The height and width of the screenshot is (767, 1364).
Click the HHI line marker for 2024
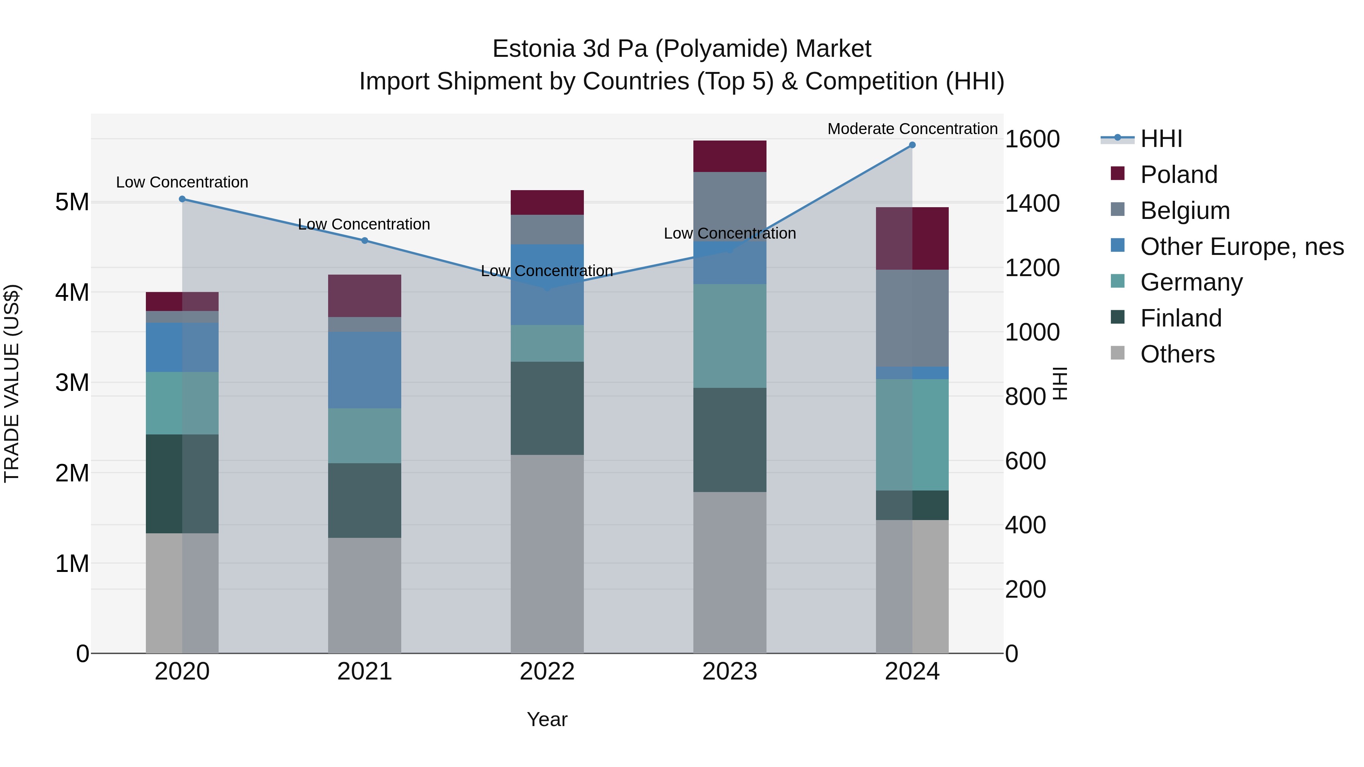point(912,145)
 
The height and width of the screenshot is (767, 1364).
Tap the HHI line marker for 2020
point(182,199)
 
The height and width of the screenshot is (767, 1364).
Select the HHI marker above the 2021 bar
point(364,241)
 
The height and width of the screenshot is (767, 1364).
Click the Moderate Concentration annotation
point(912,129)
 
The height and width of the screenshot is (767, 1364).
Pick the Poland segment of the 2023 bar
point(730,156)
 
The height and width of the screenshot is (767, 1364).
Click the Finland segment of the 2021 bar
point(364,500)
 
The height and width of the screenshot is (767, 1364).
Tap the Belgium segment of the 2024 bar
point(912,318)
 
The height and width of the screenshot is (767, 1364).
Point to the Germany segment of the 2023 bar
point(730,336)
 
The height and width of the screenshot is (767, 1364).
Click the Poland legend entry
point(1179,175)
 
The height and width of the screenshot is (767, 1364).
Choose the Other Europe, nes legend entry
point(1242,247)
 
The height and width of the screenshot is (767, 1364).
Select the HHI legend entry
point(1161,139)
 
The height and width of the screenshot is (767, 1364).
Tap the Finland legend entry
point(1181,318)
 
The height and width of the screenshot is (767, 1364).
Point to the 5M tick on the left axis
point(72,202)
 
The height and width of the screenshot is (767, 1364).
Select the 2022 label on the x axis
point(547,672)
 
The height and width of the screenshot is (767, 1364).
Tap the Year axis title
point(547,719)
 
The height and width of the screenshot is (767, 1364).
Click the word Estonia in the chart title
point(534,49)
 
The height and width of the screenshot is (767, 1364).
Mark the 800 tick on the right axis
point(1026,397)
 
